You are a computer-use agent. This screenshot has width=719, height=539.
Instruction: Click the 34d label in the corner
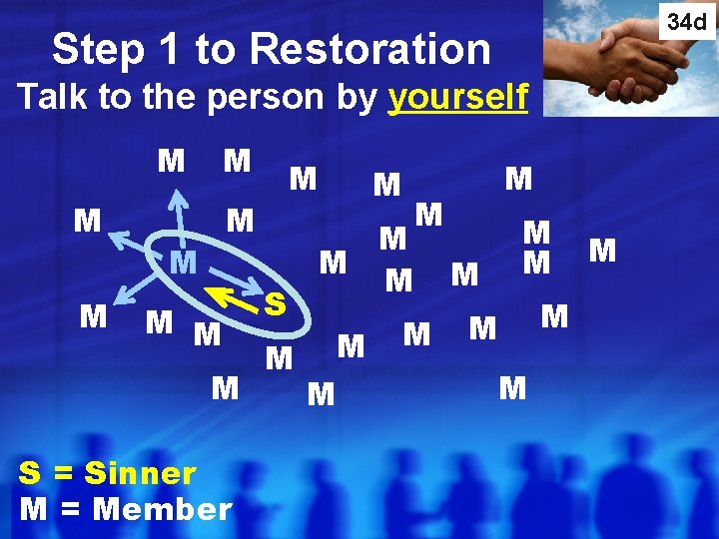click(687, 20)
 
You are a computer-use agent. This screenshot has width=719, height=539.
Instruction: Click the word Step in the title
click(98, 50)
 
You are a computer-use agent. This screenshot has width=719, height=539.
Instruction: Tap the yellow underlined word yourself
click(458, 99)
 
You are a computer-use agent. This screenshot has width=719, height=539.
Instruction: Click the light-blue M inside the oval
click(181, 265)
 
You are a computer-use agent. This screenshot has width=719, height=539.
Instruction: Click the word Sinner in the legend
click(141, 472)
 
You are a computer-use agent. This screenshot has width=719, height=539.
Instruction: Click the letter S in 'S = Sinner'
click(31, 472)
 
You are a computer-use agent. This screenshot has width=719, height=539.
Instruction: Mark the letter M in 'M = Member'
click(33, 509)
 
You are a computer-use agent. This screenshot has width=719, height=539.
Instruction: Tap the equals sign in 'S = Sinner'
click(66, 473)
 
